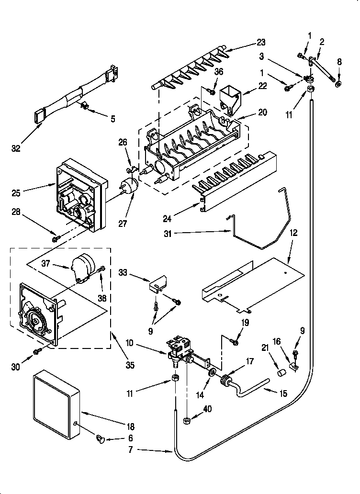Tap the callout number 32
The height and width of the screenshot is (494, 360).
pyautogui.click(x=17, y=148)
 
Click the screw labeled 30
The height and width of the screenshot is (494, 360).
pyautogui.click(x=37, y=352)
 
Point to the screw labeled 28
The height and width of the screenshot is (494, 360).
pyautogui.click(x=56, y=236)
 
